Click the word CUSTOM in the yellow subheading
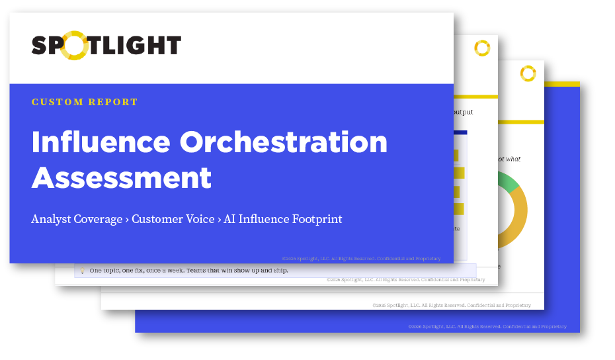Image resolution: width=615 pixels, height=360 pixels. tap(58, 103)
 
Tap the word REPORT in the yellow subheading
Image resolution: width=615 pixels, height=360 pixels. tap(114, 103)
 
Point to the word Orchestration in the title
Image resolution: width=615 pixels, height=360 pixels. tap(285, 142)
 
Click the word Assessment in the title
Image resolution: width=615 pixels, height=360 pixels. tap(122, 177)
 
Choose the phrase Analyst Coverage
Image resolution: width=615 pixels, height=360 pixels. tap(77, 219)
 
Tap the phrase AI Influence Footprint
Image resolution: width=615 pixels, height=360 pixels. tap(283, 219)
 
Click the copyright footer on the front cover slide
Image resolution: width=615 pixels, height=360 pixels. tap(361, 258)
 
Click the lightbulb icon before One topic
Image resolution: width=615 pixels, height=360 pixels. tap(82, 271)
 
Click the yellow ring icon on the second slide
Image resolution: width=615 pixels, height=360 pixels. tap(482, 48)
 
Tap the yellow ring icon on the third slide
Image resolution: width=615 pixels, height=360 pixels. tap(527, 73)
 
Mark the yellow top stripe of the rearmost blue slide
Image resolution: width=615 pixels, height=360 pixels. tap(562, 84)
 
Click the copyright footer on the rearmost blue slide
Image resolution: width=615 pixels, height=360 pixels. tap(487, 326)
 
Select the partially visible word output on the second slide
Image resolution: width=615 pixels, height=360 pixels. tap(463, 112)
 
